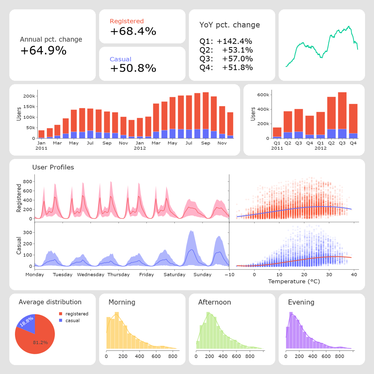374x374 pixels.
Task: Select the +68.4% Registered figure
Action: click(133, 31)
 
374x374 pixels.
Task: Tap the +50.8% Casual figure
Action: click(133, 68)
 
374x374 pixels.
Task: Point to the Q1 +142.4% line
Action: click(226, 42)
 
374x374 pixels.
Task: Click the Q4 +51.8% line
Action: click(226, 68)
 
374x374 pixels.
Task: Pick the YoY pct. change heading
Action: click(230, 25)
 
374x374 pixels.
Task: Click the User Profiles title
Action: click(53, 167)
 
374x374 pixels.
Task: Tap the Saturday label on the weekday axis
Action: click(175, 275)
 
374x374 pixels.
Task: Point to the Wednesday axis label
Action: click(91, 275)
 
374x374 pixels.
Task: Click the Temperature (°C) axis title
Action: click(294, 281)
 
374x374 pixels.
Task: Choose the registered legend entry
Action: click(76, 314)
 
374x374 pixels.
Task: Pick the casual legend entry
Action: click(72, 321)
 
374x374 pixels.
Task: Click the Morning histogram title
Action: click(122, 302)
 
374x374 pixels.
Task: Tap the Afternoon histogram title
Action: click(215, 302)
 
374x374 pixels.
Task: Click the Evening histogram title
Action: click(301, 302)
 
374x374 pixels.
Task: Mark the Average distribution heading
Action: click(50, 302)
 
